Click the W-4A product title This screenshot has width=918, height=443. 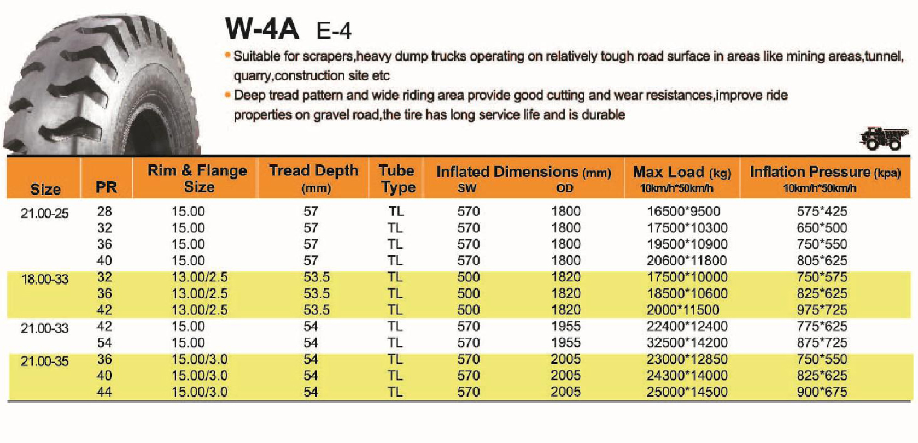[x=262, y=29]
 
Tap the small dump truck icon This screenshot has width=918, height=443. [x=883, y=138]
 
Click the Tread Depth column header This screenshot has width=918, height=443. [x=313, y=178]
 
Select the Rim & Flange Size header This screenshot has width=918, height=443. [x=197, y=178]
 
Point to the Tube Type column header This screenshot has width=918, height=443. [x=397, y=178]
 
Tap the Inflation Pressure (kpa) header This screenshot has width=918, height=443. [x=825, y=178]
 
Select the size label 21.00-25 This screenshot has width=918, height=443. [x=45, y=214]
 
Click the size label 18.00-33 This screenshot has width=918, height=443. [x=45, y=280]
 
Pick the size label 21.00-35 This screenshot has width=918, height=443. [x=45, y=362]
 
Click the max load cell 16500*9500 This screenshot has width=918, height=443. [x=683, y=211]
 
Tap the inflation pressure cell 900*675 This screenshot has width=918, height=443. [x=822, y=392]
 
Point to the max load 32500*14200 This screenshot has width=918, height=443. [x=687, y=342]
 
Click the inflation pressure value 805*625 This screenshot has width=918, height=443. [x=822, y=261]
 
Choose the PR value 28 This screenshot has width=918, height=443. [x=104, y=211]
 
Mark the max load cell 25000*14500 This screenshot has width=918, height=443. [x=687, y=392]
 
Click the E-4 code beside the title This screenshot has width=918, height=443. [x=334, y=31]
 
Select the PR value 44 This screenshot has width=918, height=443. [x=104, y=392]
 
